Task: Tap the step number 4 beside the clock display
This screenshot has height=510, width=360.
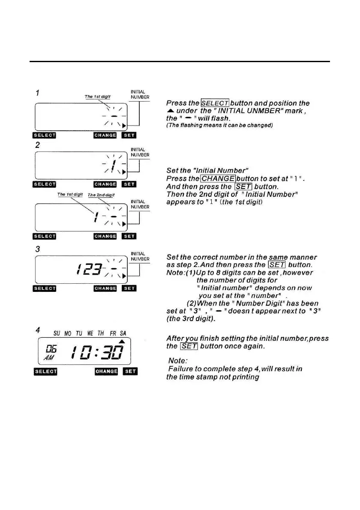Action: point(38,331)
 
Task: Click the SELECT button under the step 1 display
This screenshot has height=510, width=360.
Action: point(45,135)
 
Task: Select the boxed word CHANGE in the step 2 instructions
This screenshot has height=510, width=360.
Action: point(217,179)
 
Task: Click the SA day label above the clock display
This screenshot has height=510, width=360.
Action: point(123,333)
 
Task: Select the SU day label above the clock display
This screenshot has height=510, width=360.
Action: point(57,333)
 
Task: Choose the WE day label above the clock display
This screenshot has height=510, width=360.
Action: point(90,333)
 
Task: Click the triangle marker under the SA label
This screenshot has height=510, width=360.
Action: point(121,341)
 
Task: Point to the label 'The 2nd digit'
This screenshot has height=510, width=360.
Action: point(101,195)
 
